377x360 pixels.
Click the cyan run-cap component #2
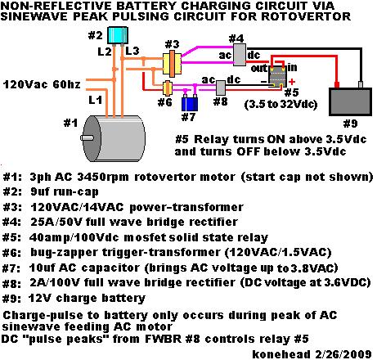point(118,35)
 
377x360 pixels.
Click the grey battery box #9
point(350,101)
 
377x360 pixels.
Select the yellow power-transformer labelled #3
point(172,63)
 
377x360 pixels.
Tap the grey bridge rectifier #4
point(240,55)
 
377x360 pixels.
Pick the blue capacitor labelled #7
point(190,103)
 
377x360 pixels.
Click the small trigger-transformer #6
point(167,88)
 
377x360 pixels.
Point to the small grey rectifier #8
point(221,88)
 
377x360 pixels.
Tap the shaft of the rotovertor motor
point(87,138)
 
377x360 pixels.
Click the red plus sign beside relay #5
point(292,82)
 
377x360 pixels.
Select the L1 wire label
point(95,100)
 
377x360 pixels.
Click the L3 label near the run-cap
point(132,51)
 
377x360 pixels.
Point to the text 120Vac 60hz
point(42,84)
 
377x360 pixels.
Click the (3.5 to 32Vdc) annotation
point(281,104)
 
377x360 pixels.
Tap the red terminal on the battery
point(337,84)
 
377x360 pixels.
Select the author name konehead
point(281,354)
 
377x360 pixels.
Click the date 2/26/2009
point(343,354)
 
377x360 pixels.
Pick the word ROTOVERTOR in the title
point(306,16)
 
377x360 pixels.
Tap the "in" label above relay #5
point(292,67)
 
